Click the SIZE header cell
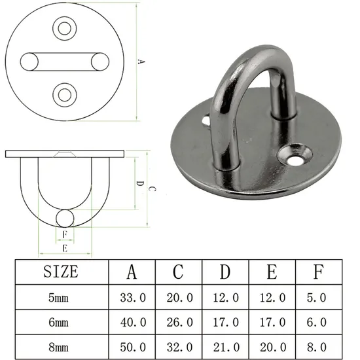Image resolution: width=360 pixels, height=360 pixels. (x=60, y=272)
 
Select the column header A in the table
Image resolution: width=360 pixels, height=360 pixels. (x=132, y=272)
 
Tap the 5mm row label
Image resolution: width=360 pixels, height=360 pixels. (x=60, y=297)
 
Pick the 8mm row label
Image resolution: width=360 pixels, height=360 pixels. (x=60, y=344)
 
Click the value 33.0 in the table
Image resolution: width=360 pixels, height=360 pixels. (x=132, y=297)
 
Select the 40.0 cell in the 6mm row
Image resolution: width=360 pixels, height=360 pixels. (x=132, y=321)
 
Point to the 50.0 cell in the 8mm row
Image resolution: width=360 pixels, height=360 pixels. (x=132, y=344)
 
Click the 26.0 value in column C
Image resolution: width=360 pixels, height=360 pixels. (x=179, y=321)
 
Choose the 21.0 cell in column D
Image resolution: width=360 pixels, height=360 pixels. (x=225, y=344)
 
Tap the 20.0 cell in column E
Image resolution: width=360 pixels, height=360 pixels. (x=272, y=344)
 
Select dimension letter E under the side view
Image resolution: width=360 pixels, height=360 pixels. (x=63, y=248)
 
